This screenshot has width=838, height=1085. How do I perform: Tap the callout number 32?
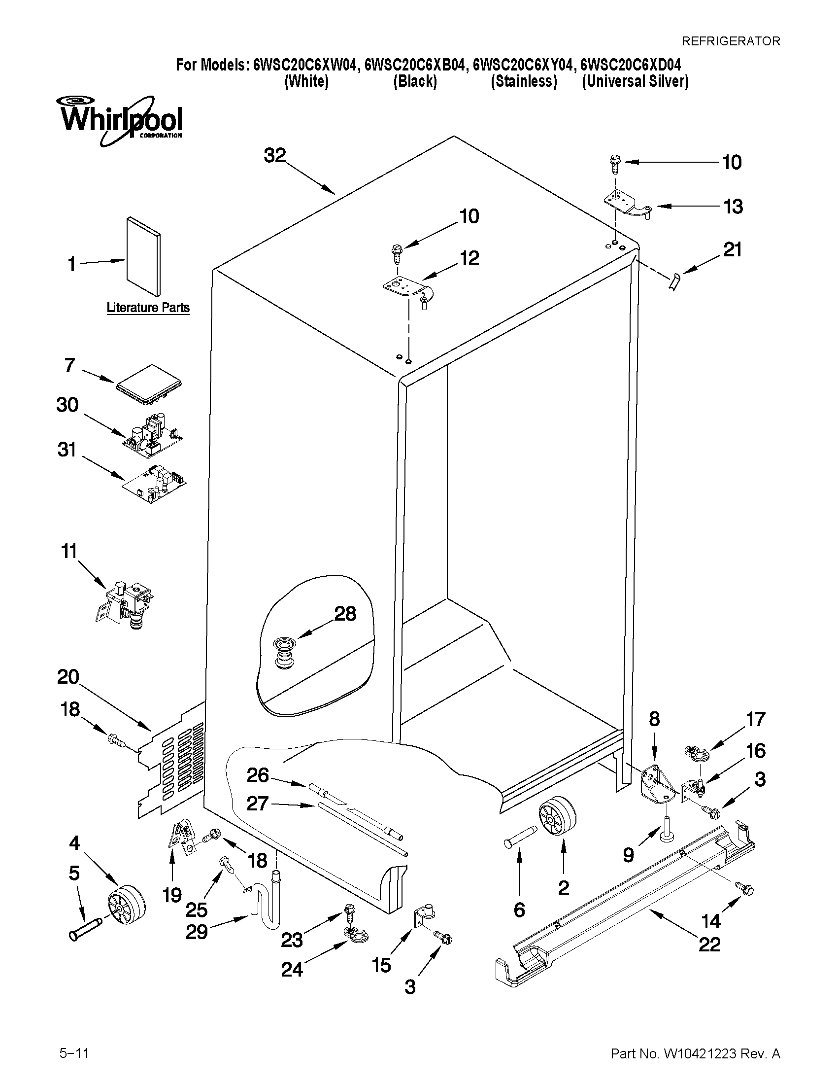click(x=274, y=155)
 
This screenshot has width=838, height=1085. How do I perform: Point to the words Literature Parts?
click(x=148, y=308)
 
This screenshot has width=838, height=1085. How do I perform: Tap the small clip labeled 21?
click(x=673, y=283)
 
